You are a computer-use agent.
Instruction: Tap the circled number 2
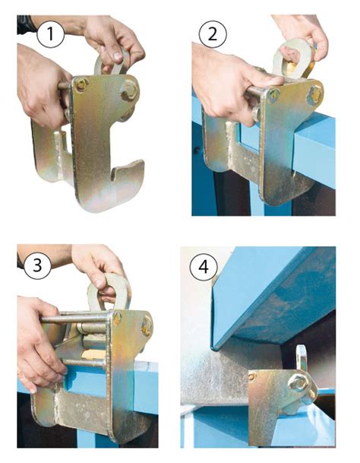213,34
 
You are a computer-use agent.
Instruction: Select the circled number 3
37,265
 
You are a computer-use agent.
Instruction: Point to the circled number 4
204,267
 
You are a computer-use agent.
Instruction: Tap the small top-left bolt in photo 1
81,84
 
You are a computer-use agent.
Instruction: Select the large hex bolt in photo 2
315,94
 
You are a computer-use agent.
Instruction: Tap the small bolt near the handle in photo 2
274,94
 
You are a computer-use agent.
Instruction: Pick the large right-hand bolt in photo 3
147,327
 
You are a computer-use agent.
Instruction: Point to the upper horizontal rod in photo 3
74,319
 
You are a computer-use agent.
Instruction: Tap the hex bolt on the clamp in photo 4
298,383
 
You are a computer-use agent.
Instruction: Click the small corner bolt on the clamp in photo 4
251,376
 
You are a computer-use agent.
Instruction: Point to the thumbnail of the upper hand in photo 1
118,55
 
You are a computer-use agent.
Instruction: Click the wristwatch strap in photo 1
26,24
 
